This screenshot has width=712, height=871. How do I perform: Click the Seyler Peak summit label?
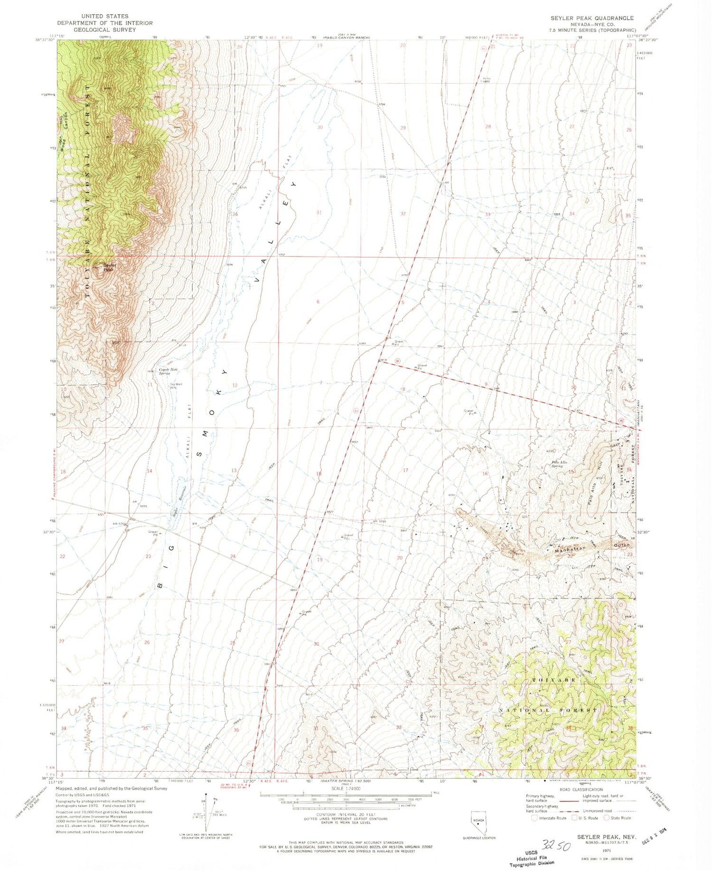[x=110, y=268]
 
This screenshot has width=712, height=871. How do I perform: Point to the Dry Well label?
[x=176, y=384]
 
